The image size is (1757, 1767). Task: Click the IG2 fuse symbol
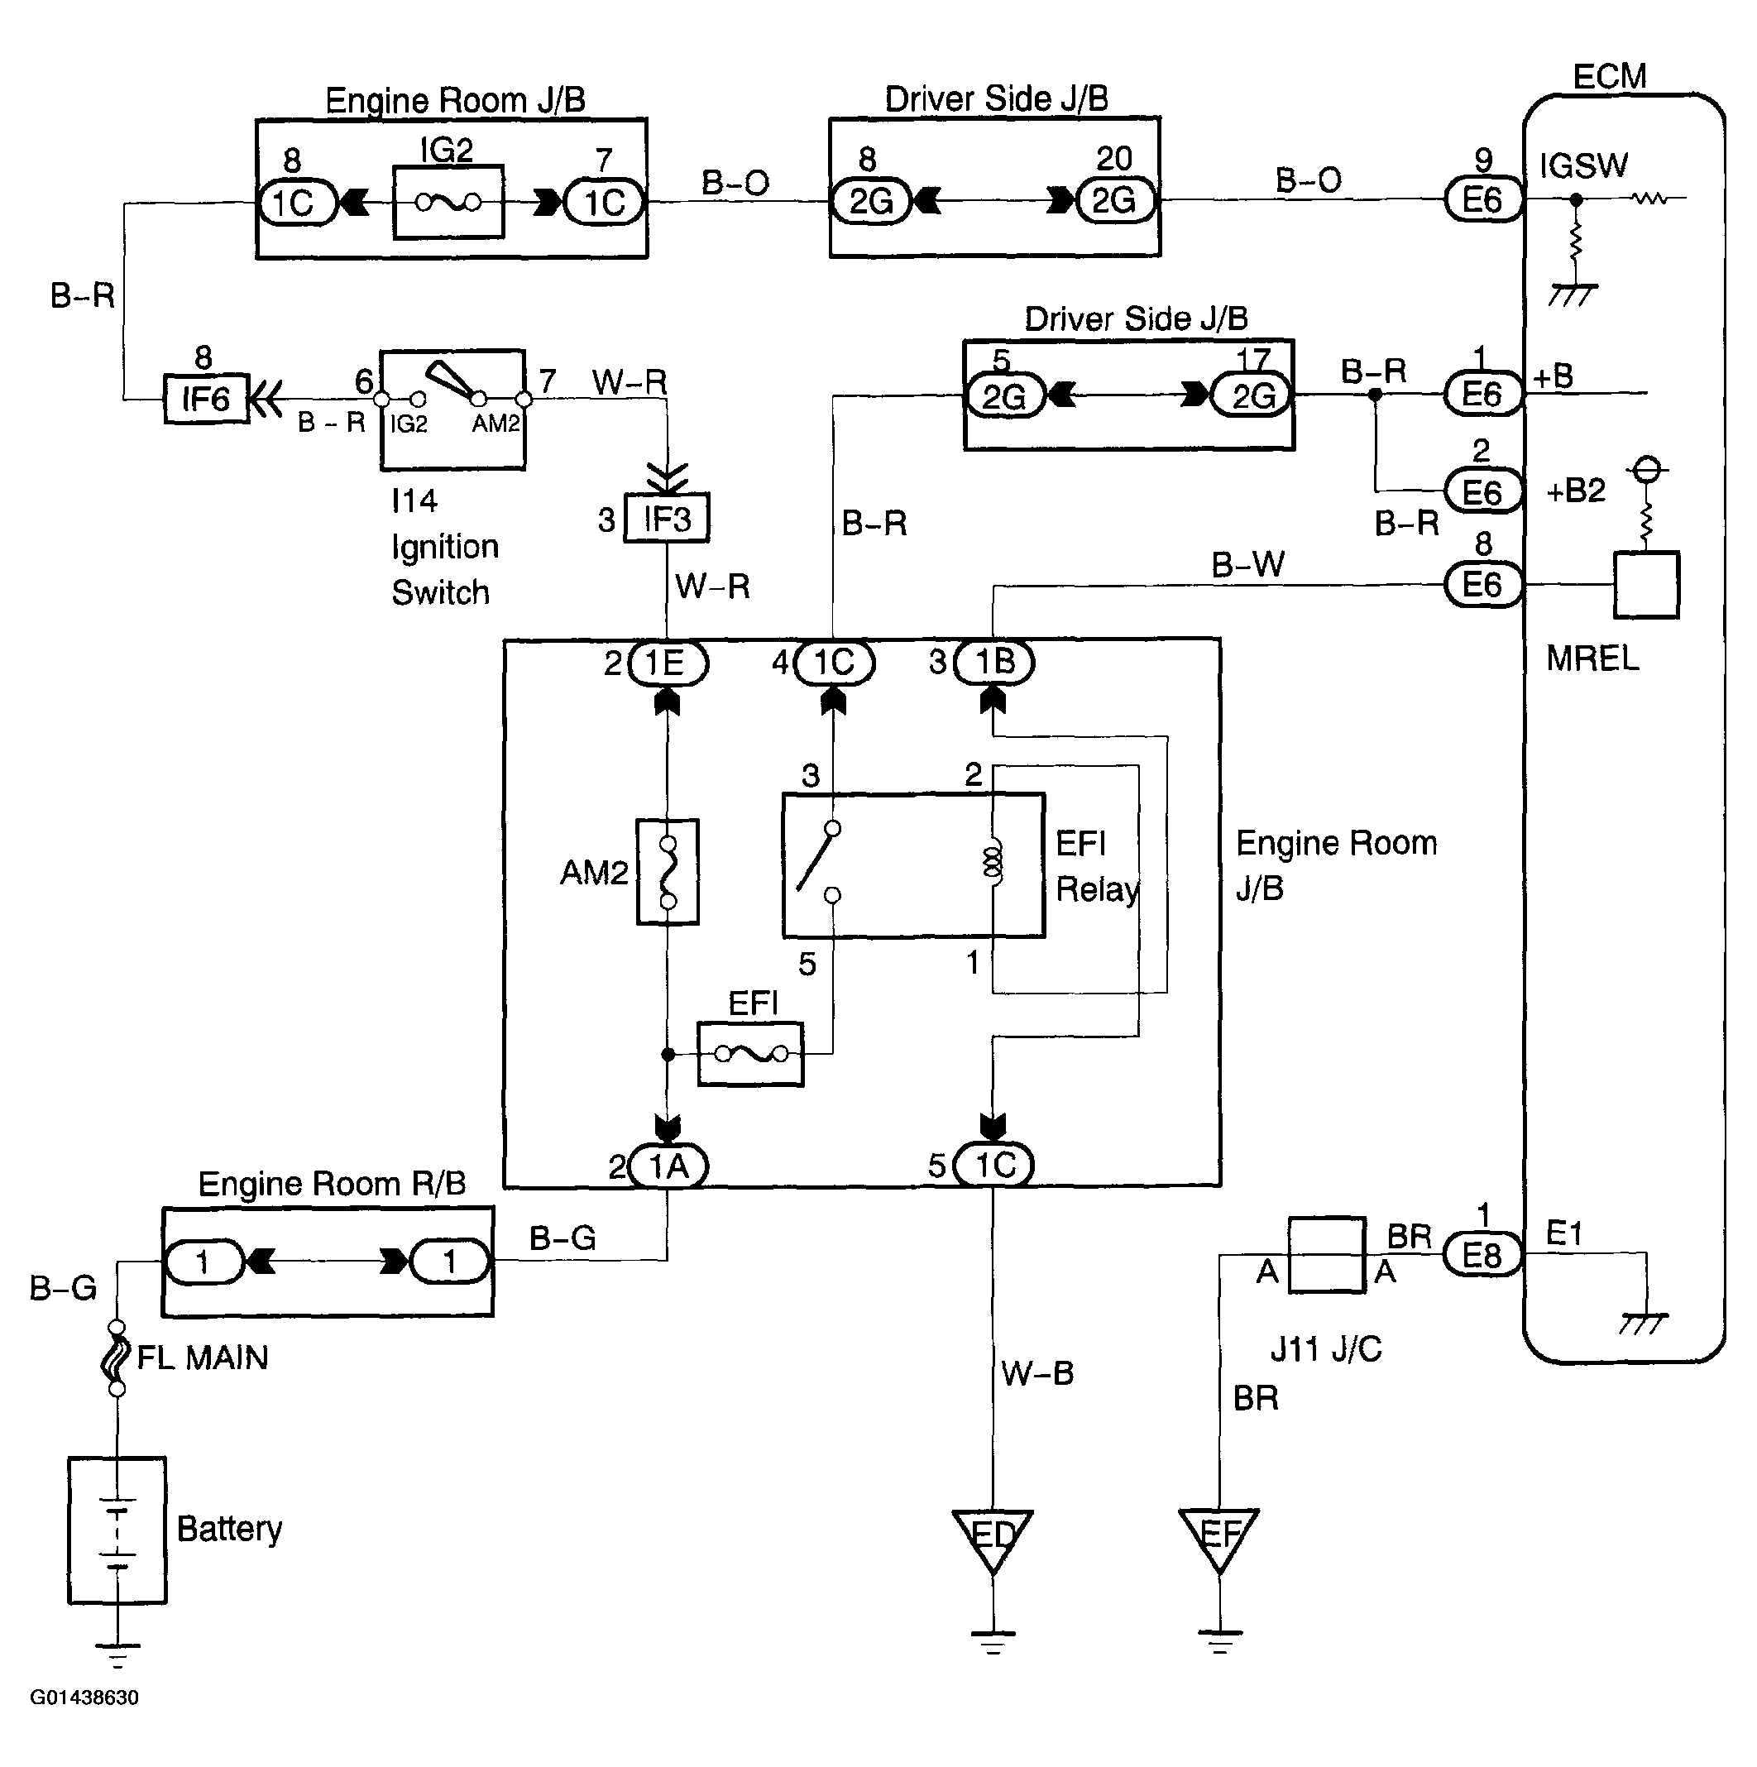(x=448, y=202)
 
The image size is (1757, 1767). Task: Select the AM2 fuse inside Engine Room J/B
(x=668, y=872)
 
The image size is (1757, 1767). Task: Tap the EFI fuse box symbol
(x=750, y=1055)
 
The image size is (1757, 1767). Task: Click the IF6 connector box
(x=206, y=399)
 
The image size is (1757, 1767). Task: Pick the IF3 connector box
(x=667, y=519)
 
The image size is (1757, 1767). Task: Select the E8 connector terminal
(x=1482, y=1255)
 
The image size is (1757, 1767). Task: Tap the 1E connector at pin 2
(x=668, y=663)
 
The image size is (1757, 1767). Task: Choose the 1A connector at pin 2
(x=668, y=1166)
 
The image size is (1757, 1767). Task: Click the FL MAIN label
(x=202, y=1358)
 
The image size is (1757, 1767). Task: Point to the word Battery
(x=228, y=1528)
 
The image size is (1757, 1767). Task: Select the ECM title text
(x=1609, y=77)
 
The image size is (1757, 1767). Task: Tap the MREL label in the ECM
(x=1592, y=658)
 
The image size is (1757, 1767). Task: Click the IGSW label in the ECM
(x=1583, y=165)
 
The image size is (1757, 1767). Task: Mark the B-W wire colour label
(x=1247, y=564)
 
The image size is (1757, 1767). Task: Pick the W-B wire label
(x=1037, y=1372)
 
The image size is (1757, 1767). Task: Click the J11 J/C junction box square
(x=1326, y=1255)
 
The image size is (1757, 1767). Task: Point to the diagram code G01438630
(x=84, y=1698)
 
